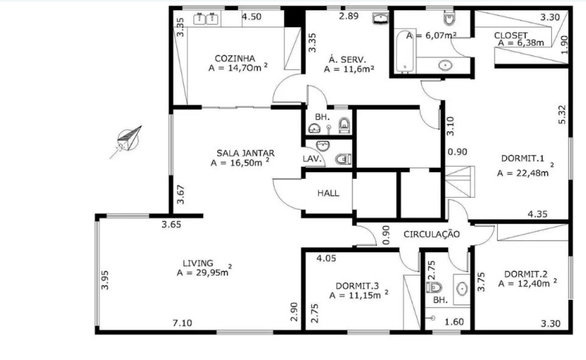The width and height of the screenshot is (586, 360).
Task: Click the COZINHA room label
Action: coord(235,58)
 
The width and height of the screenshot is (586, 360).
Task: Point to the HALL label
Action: coord(328,193)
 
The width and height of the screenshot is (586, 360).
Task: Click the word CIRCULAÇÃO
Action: coord(431,234)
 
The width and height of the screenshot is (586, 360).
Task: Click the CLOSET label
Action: coord(511,35)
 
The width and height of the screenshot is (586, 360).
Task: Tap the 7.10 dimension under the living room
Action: coord(182,323)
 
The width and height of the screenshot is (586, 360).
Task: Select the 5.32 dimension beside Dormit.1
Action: coord(563,114)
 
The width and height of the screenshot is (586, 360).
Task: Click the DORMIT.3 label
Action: coord(357,286)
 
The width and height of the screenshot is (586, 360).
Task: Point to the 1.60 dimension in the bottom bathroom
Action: coord(454,322)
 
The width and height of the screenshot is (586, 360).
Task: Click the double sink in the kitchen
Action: coord(206,19)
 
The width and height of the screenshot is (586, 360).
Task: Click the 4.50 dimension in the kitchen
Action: coord(251,17)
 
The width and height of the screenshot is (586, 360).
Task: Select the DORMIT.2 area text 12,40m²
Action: coord(527,284)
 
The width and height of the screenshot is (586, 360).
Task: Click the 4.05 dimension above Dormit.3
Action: coord(327,258)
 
